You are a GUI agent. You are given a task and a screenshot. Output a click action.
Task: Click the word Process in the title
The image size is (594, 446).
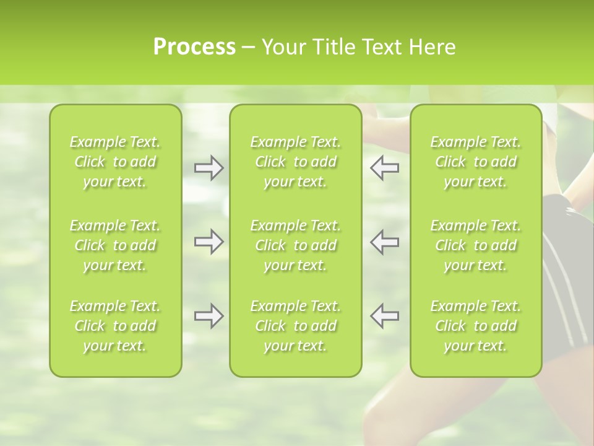coord(194,47)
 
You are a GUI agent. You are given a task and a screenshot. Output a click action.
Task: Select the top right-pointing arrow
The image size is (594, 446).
coord(209,168)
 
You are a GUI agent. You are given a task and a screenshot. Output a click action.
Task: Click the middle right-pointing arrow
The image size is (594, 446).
coord(209,242)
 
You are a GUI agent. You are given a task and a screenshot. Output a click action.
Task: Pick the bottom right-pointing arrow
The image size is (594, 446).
coord(209,316)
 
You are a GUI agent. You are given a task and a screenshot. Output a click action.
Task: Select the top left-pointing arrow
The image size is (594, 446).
coord(384,168)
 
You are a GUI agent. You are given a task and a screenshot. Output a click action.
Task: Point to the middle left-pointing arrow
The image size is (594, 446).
coord(384,242)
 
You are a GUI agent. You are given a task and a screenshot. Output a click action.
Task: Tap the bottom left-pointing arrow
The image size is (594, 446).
coord(384,316)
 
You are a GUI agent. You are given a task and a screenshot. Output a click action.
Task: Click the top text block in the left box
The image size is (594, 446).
coord(115,162)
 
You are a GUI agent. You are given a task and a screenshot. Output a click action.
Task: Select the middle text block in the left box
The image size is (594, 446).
coord(115,245)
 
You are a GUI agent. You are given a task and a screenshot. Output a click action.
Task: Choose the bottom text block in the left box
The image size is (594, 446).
coord(115,326)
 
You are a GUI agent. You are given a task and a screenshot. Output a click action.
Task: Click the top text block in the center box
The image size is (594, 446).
coord(296,162)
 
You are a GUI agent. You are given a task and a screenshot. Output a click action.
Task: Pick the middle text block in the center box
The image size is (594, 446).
coord(296,245)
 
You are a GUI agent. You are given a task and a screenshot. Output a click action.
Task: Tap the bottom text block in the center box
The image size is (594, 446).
coord(296,326)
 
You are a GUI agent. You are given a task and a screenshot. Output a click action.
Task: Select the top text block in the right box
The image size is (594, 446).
coord(476,162)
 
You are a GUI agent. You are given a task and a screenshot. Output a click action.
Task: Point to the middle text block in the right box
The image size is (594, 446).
coord(476,245)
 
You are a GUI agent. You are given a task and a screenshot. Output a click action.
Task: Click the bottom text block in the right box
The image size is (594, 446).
coord(476,326)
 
